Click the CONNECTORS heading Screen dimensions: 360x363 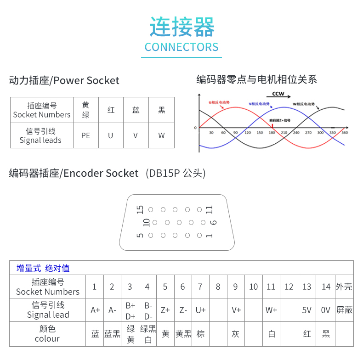click(x=181, y=47)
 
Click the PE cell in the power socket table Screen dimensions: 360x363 click(x=86, y=135)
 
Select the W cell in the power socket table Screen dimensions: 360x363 click(x=161, y=135)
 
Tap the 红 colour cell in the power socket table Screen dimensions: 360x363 click(x=111, y=110)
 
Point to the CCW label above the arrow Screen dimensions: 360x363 click(x=278, y=94)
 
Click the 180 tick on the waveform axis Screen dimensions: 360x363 click(x=272, y=133)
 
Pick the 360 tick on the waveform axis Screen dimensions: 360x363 click(x=345, y=133)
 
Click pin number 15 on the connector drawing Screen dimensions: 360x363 click(x=141, y=209)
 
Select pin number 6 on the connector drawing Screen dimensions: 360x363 click(x=213, y=223)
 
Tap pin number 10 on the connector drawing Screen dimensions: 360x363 click(x=147, y=223)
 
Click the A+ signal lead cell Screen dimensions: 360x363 click(x=95, y=310)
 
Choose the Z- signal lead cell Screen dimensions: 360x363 click(x=183, y=310)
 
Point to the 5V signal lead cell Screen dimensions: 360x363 click(x=306, y=310)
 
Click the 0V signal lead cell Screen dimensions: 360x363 click(x=325, y=310)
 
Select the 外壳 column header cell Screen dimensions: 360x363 click(x=344, y=287)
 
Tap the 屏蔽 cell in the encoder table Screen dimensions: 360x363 click(x=344, y=310)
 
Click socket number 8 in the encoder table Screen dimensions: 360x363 click(x=218, y=287)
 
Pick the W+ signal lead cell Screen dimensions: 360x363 click(x=271, y=310)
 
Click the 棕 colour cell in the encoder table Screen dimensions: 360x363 click(x=200, y=334)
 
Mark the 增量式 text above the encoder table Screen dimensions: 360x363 click(x=29, y=268)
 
